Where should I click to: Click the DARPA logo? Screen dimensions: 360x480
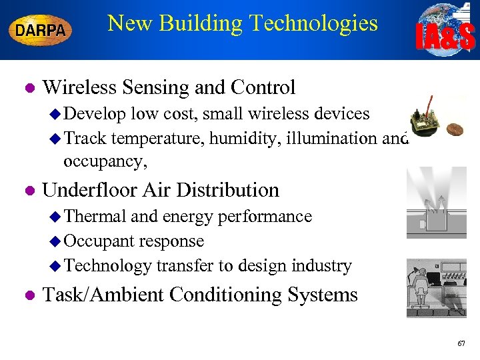(40, 30)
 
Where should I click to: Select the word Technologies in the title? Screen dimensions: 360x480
(313, 23)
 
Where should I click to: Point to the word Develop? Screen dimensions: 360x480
(96, 114)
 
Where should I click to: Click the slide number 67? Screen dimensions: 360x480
(461, 343)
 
